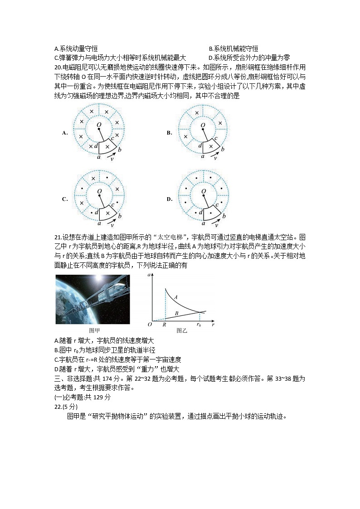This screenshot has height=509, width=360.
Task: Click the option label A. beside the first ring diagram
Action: pyautogui.click(x=65, y=133)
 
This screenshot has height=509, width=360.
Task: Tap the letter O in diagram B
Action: pyautogui.click(x=203, y=125)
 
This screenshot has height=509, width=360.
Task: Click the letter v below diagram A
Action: pyautogui.click(x=113, y=158)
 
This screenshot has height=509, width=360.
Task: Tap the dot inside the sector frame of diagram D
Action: pyautogui.click(x=211, y=212)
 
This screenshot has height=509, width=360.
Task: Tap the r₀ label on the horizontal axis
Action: pyautogui.click(x=198, y=325)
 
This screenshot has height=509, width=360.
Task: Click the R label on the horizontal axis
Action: pyautogui.click(x=164, y=325)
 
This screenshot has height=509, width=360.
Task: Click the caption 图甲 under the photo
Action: pyautogui.click(x=92, y=330)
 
